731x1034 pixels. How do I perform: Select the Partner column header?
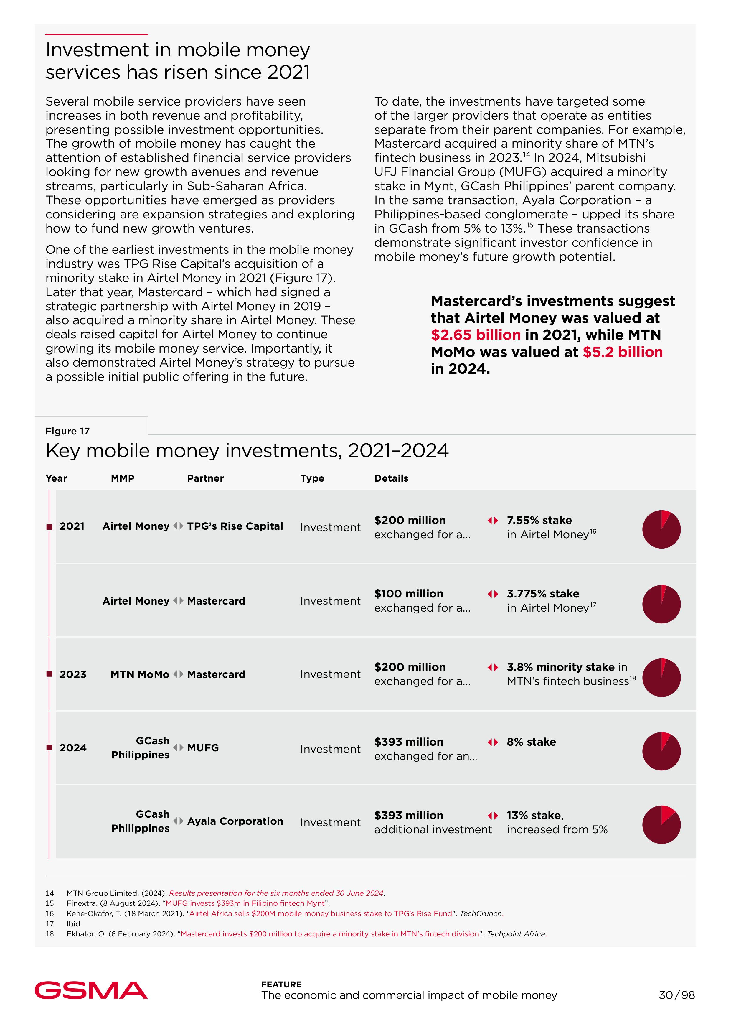pyautogui.click(x=205, y=478)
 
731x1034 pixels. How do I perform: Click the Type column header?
pyautogui.click(x=312, y=478)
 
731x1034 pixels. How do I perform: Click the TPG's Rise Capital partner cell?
pyautogui.click(x=235, y=526)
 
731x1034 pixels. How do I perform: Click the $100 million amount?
pyautogui.click(x=409, y=594)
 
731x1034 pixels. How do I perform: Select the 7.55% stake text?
pyautogui.click(x=539, y=520)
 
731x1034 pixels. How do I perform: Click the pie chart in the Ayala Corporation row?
pyautogui.click(x=661, y=825)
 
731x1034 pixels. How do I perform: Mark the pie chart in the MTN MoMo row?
pyautogui.click(x=661, y=678)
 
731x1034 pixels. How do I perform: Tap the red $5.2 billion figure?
pyautogui.click(x=623, y=352)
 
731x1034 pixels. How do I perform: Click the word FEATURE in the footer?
pyautogui.click(x=281, y=984)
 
